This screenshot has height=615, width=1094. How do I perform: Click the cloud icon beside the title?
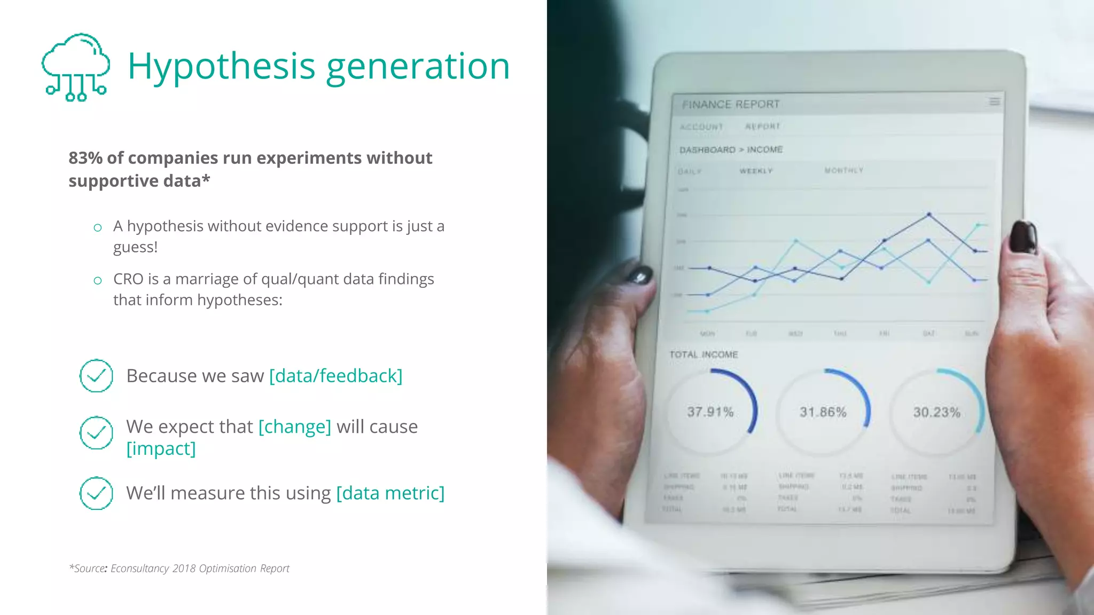76,66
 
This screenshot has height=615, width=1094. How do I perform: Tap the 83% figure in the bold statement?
85,158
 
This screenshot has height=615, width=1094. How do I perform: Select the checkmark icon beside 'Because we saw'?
96,376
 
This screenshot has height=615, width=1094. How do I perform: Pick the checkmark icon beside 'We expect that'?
96,432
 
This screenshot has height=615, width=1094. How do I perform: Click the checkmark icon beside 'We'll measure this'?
96,493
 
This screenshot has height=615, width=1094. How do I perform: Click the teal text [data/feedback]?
335,376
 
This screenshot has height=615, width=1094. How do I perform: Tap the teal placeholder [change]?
295,427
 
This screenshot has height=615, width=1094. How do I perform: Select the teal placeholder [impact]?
161,448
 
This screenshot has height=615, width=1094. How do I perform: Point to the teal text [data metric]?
390,493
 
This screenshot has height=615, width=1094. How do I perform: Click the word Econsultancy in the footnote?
140,569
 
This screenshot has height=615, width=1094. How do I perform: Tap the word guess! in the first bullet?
135,247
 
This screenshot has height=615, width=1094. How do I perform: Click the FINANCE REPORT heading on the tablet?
730,105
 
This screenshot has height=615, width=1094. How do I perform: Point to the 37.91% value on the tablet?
710,412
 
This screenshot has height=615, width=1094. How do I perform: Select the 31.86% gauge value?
823,412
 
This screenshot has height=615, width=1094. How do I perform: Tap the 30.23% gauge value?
936,412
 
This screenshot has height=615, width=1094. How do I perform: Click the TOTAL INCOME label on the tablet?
704,354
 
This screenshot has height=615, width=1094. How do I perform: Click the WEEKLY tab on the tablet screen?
756,171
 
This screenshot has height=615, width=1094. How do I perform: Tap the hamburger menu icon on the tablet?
994,101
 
